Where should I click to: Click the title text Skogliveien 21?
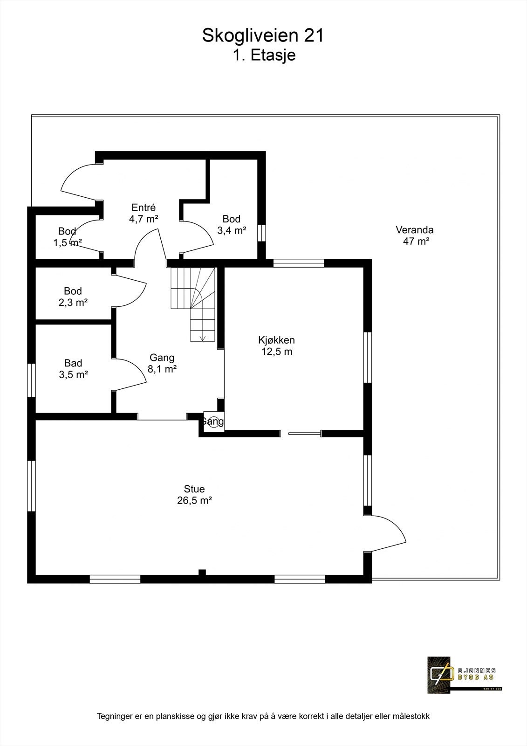[x=263, y=36]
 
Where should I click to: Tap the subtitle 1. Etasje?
[x=264, y=55]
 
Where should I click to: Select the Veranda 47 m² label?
[x=415, y=235]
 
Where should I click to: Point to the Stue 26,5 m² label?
[x=194, y=495]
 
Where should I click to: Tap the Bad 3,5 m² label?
[x=73, y=368]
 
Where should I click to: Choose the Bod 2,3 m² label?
[x=73, y=297]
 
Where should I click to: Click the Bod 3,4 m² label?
[x=232, y=224]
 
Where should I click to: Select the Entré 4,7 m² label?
[x=144, y=213]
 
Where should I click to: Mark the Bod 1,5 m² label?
[x=68, y=236]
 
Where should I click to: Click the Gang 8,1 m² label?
[x=162, y=363]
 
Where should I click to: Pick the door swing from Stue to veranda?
[x=391, y=532]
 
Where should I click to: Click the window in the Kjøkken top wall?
[x=298, y=263]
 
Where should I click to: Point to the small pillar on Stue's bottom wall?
[x=202, y=573]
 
